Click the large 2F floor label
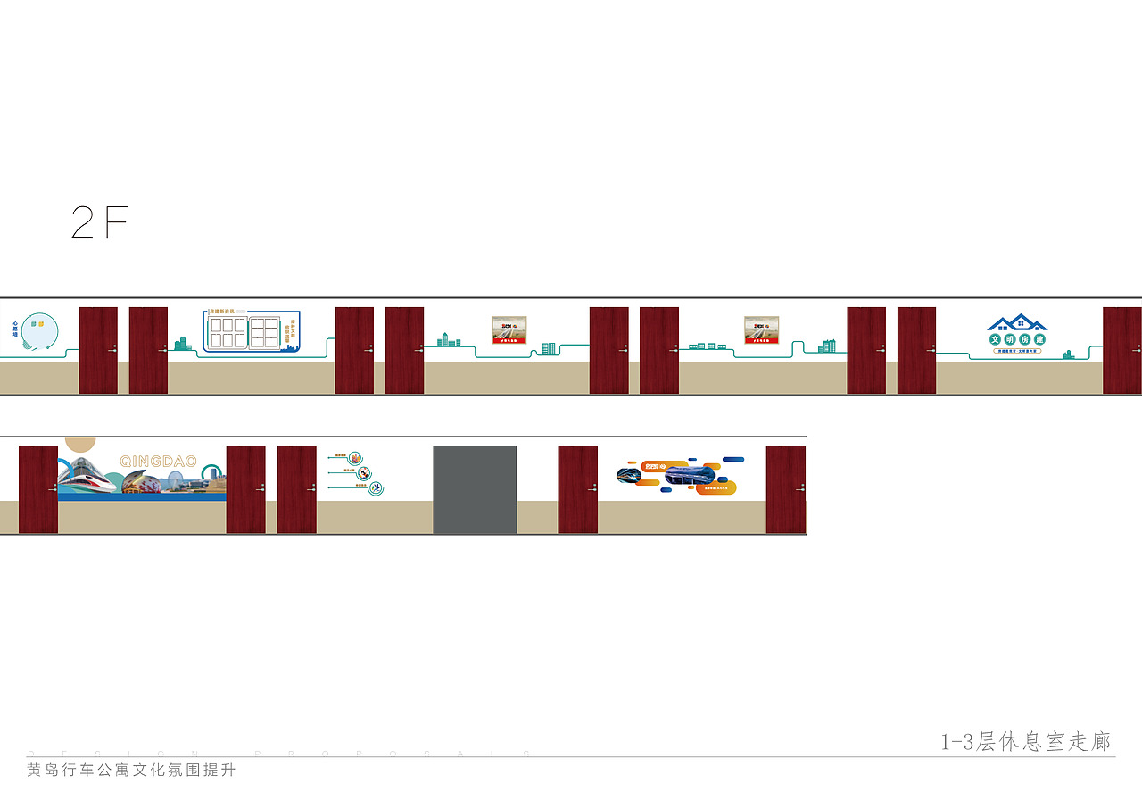(100, 223)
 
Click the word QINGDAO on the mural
(158, 461)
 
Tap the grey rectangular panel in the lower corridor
(475, 489)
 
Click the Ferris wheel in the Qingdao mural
(175, 485)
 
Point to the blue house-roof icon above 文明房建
(1017, 323)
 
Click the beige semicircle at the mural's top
(80, 443)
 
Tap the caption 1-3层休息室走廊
(1025, 742)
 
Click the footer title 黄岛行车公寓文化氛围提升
(131, 771)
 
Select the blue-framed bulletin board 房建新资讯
(252, 331)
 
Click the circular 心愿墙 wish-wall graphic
(39, 331)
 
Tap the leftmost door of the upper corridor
(98, 350)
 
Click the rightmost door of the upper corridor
(1121, 350)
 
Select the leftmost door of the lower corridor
(38, 489)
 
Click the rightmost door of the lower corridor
(785, 489)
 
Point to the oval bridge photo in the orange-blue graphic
(690, 475)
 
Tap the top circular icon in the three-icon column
(355, 457)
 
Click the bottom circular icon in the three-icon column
(376, 487)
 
